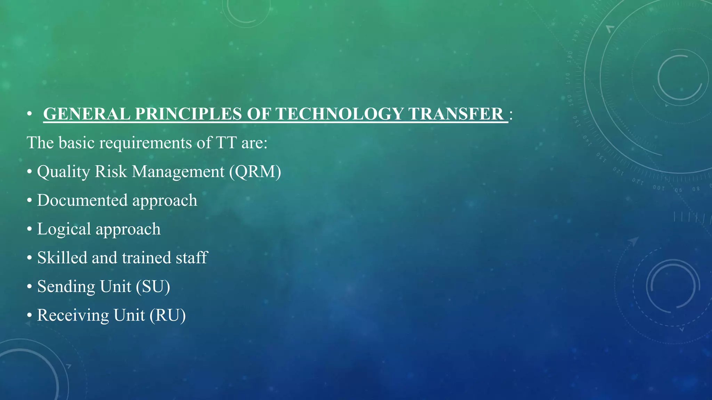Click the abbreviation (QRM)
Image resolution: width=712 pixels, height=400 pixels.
tap(255, 172)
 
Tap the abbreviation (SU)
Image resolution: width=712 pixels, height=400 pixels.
tap(153, 286)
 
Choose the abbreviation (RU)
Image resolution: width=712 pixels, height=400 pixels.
tap(168, 315)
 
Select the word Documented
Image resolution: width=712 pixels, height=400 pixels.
tap(82, 200)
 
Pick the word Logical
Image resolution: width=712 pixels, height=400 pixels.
tap(64, 229)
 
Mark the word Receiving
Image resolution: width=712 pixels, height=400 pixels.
tap(73, 315)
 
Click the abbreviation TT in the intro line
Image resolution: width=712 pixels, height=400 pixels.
tap(226, 143)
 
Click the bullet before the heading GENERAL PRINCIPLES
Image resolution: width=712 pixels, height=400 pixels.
tap(30, 114)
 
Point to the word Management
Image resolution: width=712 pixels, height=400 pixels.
tap(178, 172)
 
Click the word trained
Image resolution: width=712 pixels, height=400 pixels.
tap(146, 258)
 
